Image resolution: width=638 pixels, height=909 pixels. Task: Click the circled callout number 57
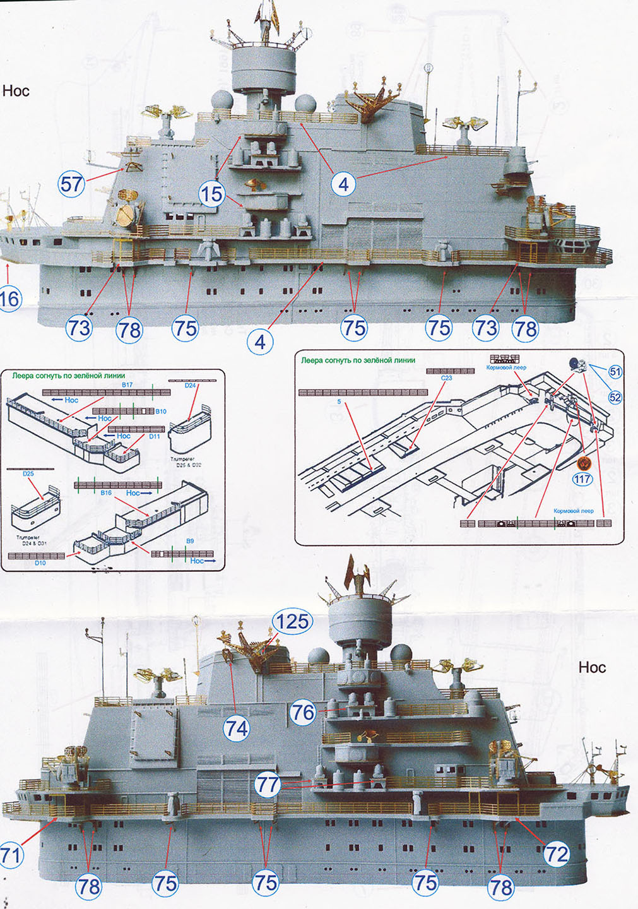point(71,184)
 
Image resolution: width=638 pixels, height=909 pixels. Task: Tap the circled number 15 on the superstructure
point(211,194)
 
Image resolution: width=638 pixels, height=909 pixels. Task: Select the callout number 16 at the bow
point(9,298)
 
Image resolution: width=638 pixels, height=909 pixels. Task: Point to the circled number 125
point(292,621)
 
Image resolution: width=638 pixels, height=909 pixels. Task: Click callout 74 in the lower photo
point(237,728)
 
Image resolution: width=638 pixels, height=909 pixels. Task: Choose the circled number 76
point(302,712)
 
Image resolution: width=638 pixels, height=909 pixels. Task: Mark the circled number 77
point(268,785)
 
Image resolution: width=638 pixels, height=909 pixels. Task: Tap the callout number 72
point(556,853)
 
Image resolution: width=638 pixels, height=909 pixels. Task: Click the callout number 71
point(11,855)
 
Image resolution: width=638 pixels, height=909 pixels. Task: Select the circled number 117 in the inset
point(582,479)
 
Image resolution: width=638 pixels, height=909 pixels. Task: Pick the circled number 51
point(615,372)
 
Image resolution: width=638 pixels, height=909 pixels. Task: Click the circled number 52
point(615,397)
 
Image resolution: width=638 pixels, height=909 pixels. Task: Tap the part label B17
point(127,384)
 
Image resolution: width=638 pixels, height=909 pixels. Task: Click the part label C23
point(446,377)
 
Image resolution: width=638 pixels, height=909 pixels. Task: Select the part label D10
point(40,562)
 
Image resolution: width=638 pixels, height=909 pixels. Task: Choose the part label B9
point(190,541)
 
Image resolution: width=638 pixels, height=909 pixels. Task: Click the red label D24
point(190,385)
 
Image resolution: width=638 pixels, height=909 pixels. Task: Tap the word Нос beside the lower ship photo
point(591,667)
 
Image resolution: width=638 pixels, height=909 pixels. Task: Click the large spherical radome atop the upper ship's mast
point(222,100)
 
